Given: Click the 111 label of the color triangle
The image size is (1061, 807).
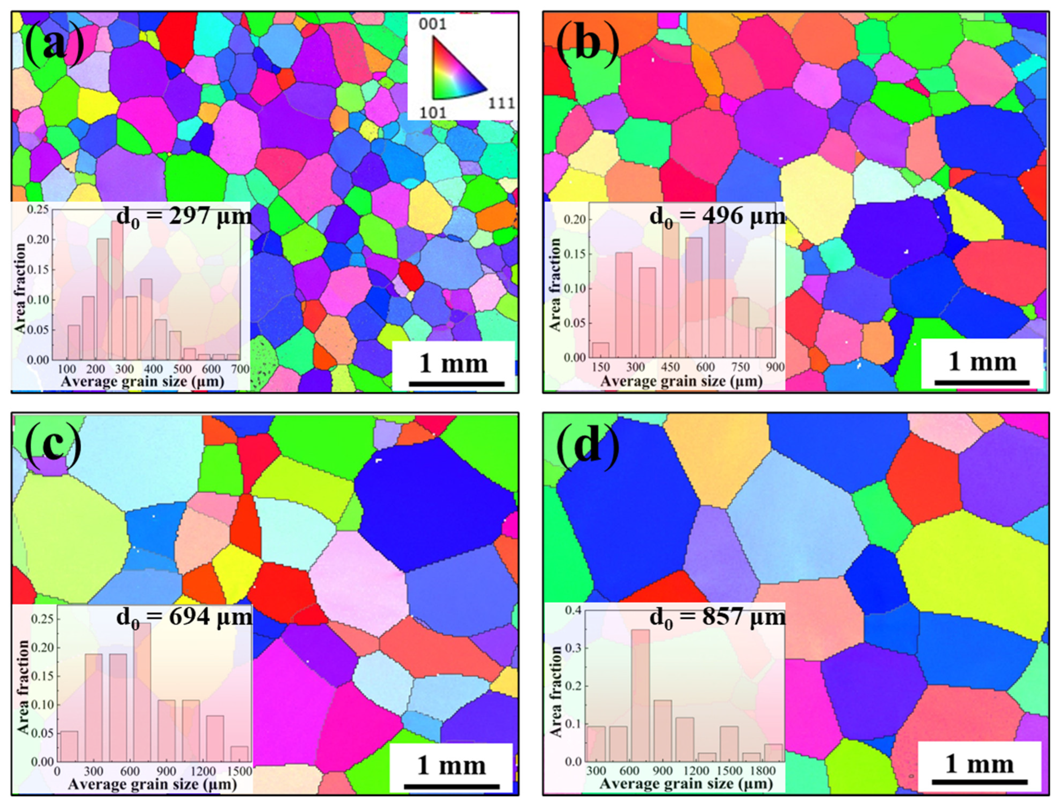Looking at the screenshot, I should (x=501, y=103).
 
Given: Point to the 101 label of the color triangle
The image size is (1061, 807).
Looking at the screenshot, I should (x=432, y=112).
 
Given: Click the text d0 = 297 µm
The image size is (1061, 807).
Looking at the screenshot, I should (x=184, y=217).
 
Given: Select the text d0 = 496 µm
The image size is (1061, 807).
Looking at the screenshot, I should (x=717, y=217).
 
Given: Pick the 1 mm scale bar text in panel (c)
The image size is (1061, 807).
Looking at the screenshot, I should (x=451, y=765).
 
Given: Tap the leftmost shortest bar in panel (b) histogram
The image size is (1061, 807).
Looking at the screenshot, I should (x=600, y=350).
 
